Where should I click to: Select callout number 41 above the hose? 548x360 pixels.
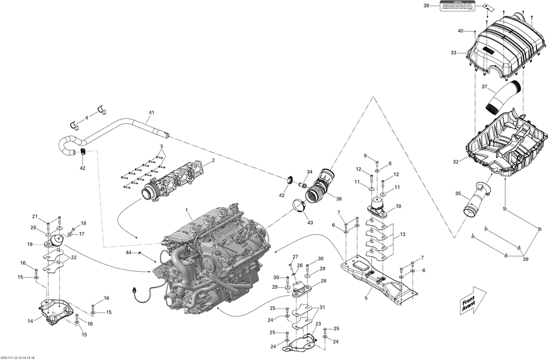[x=151, y=113]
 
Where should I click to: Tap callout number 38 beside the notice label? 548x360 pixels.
[x=427, y=5]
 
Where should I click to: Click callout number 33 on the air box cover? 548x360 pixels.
[x=453, y=53]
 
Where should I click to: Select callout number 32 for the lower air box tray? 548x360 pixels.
[x=456, y=162]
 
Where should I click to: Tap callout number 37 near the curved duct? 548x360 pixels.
[x=484, y=87]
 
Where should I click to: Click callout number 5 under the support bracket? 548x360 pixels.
[x=366, y=299]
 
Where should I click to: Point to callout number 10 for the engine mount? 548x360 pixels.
[x=398, y=206]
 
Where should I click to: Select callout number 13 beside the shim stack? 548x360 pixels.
[x=403, y=234]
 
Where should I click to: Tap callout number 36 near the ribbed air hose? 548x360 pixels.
[x=339, y=198]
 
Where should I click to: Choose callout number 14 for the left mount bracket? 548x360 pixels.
[x=31, y=321]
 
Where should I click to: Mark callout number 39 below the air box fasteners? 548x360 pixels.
[x=527, y=259]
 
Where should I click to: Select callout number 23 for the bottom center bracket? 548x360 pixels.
[x=317, y=324]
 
